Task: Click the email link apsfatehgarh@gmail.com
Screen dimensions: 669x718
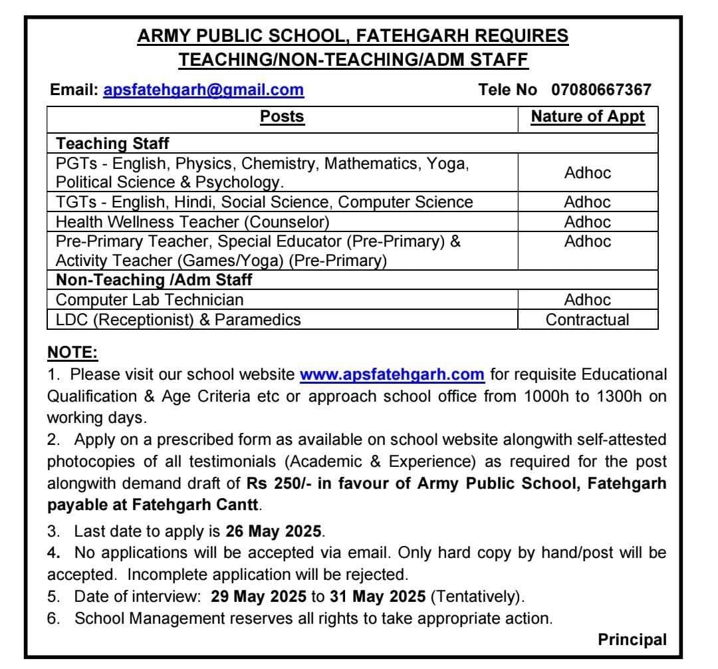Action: coord(203,90)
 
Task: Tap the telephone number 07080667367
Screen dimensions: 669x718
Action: coord(601,90)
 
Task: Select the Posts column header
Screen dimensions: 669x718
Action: coord(282,117)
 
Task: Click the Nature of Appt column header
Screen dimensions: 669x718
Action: coord(588,117)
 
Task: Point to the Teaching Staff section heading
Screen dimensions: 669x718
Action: coord(112,143)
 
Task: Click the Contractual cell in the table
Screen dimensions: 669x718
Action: coord(588,320)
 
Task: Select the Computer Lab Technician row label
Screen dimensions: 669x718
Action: coord(150,300)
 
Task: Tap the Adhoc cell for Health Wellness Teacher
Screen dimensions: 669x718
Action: coord(588,221)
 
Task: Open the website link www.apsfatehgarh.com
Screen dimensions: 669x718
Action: coord(392,374)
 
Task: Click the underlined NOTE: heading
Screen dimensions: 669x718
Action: coord(72,352)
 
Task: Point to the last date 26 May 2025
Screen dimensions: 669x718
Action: coord(274,532)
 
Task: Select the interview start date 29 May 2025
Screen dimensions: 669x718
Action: coord(259,597)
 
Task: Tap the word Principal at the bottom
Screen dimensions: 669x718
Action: coord(632,640)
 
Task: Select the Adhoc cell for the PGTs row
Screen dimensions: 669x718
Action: coord(588,173)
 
